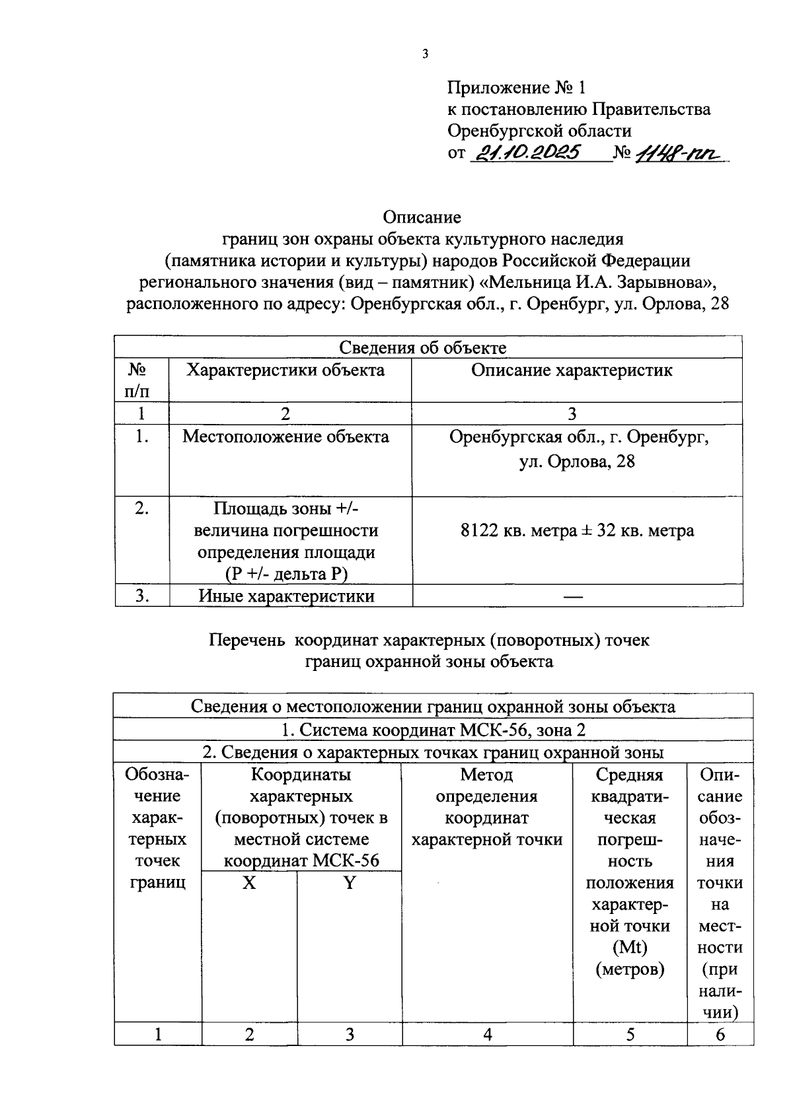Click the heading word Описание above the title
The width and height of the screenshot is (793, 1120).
pyautogui.click(x=422, y=217)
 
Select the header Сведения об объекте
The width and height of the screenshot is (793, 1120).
pyautogui.click(x=422, y=347)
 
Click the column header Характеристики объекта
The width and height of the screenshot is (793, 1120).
pyautogui.click(x=285, y=370)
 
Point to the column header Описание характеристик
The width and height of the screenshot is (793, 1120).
pyautogui.click(x=572, y=370)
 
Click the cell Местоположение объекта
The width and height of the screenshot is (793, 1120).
pyautogui.click(x=285, y=437)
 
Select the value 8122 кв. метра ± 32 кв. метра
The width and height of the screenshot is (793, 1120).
pyautogui.click(x=577, y=530)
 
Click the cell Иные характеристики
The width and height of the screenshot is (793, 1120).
pyautogui.click(x=287, y=596)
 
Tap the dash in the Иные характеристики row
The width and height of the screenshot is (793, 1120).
pyautogui.click(x=572, y=597)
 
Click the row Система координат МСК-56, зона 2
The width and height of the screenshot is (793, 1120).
pyautogui.click(x=433, y=730)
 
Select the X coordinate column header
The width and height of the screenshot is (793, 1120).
pyautogui.click(x=248, y=883)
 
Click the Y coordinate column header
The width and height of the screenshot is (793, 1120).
pyautogui.click(x=349, y=883)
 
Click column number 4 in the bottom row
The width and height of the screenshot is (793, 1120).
pyautogui.click(x=487, y=1035)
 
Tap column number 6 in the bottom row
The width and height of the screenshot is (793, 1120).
pyautogui.click(x=720, y=1035)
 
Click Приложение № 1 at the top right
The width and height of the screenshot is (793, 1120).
pyautogui.click(x=516, y=88)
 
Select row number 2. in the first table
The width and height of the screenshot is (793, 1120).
pyautogui.click(x=141, y=508)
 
